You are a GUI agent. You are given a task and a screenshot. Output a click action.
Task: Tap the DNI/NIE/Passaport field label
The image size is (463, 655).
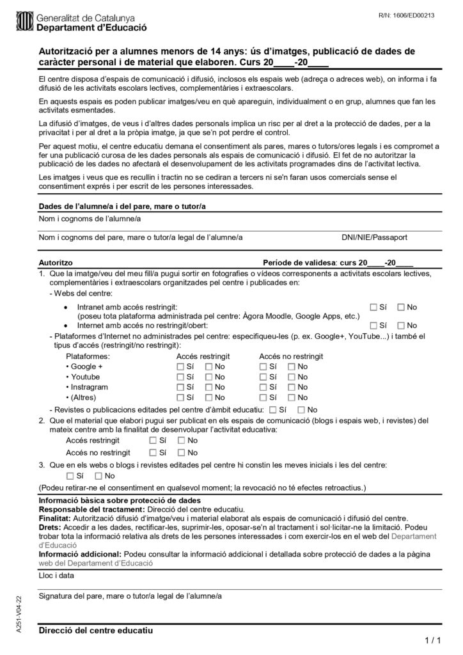tap(374, 237)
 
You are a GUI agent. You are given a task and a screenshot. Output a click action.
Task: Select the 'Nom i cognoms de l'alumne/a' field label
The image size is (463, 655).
tap(90, 219)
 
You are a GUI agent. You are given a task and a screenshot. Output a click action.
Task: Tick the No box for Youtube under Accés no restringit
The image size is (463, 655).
tap(292, 377)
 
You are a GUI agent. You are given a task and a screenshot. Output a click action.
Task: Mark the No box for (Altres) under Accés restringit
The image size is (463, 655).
tap(208, 397)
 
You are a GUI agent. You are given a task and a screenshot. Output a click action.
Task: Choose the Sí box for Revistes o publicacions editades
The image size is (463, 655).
tap(274, 409)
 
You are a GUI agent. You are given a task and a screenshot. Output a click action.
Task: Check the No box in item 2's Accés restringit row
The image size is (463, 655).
tap(182, 441)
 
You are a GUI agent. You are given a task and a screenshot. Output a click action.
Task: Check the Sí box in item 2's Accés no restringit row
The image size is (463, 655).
tap(153, 453)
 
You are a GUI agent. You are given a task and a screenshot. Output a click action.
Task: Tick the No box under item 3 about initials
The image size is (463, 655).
tap(98, 476)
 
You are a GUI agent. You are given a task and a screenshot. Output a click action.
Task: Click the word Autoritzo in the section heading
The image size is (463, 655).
tap(56, 263)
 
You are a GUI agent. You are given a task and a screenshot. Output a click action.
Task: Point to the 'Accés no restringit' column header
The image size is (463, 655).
tap(291, 356)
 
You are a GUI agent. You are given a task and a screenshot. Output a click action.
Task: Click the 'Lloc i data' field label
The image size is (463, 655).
tap(56, 575)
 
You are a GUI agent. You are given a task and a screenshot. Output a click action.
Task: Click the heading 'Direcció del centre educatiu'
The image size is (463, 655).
tap(96, 631)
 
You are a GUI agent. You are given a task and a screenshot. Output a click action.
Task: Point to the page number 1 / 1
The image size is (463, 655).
tap(432, 640)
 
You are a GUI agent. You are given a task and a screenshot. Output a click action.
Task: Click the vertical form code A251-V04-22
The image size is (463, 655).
tap(19, 614)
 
